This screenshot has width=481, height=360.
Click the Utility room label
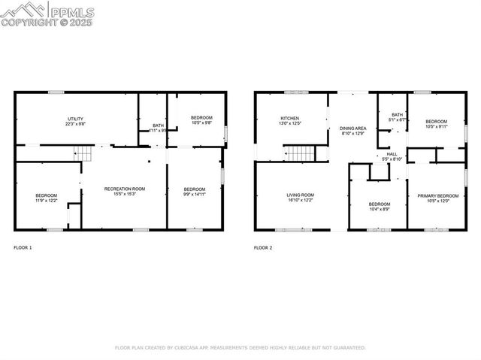(75, 121)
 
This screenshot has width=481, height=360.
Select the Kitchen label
(290, 121)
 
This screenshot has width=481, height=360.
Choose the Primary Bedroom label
(437, 198)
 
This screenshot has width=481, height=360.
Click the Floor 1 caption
(23, 247)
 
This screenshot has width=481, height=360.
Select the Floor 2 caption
(263, 247)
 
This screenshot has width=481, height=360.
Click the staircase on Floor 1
(83, 154)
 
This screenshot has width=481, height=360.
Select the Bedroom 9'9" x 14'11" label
(195, 191)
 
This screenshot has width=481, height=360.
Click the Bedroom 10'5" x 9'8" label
(201, 120)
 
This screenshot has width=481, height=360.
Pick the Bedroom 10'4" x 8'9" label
(379, 207)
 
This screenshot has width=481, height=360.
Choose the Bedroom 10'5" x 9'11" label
(436, 124)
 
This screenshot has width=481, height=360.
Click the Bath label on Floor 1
(158, 128)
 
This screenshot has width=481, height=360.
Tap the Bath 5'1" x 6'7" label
(397, 117)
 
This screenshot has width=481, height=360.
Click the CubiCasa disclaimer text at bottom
(240, 348)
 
